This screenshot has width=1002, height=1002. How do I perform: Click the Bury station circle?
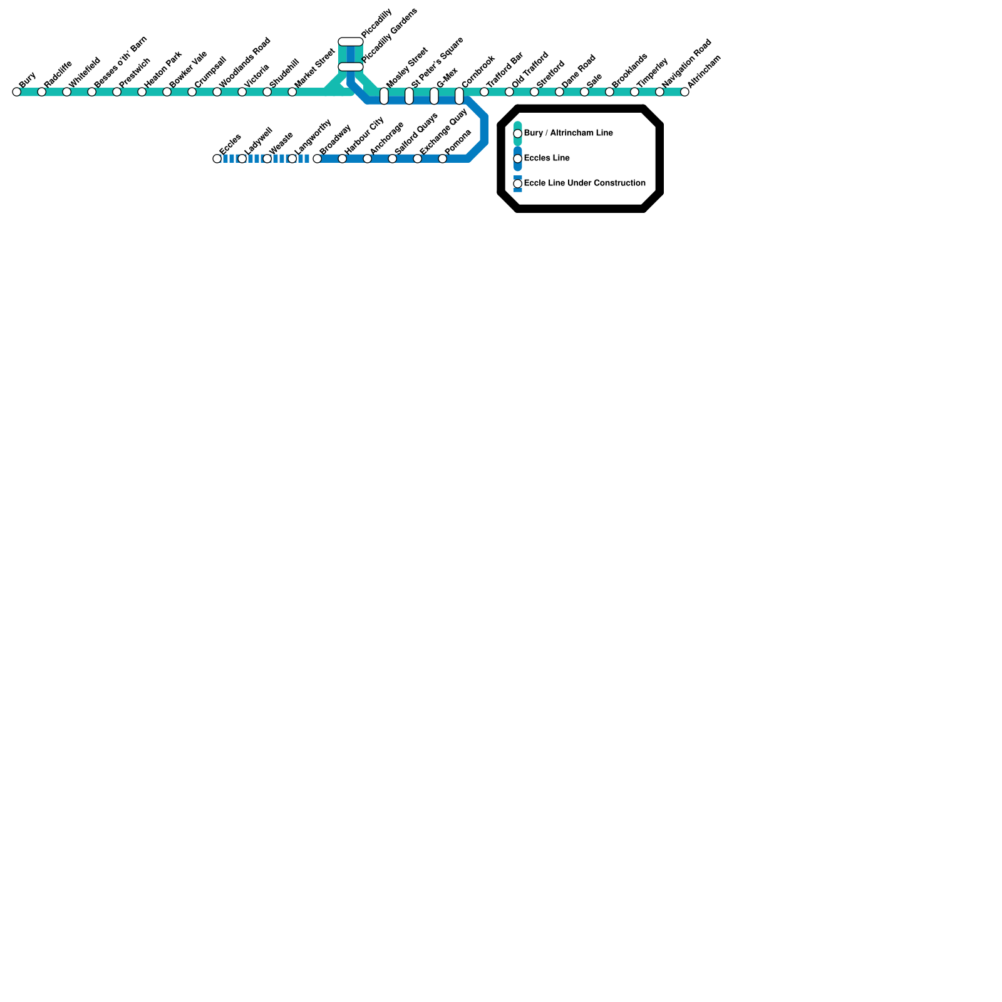tap(16, 92)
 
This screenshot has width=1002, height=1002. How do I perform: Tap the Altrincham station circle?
tap(684, 92)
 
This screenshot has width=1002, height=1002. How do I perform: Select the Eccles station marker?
tap(217, 158)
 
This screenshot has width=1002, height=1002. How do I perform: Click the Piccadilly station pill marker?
tap(351, 42)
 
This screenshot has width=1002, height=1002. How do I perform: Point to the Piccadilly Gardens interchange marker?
tap(351, 67)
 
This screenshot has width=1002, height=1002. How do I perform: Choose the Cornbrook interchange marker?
tap(459, 96)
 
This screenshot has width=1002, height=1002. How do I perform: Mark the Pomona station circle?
tap(442, 158)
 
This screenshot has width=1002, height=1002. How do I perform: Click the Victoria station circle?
tap(242, 92)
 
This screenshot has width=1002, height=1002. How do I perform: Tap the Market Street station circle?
tap(292, 92)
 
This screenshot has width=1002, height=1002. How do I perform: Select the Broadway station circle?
tap(317, 158)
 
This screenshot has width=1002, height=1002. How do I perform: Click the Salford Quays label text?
tap(416, 133)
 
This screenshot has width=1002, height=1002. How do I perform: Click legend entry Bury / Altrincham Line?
tap(568, 133)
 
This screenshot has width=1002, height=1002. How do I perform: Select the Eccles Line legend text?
tap(547, 158)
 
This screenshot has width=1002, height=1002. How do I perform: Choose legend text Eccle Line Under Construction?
tap(584, 183)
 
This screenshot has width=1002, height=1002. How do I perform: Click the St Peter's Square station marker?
tap(409, 96)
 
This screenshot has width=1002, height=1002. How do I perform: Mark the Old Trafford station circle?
tap(509, 92)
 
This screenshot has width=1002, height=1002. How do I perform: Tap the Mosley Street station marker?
tap(384, 96)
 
